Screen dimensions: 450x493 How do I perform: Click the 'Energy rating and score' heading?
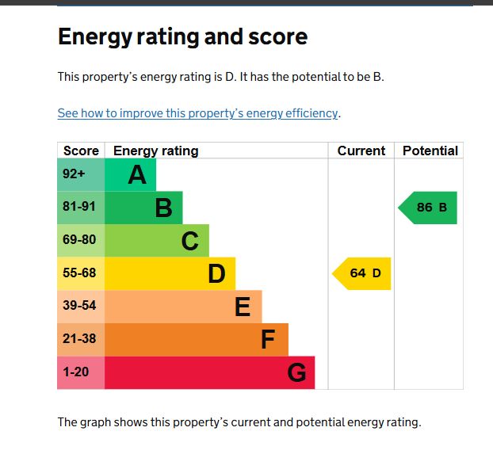click(182, 36)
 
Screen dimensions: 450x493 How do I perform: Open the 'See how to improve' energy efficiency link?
click(198, 113)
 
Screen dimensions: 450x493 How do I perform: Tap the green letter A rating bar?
click(131, 174)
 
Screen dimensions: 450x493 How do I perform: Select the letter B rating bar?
click(144, 208)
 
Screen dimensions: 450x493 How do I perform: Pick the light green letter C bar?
click(157, 240)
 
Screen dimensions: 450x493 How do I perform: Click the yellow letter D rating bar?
click(170, 273)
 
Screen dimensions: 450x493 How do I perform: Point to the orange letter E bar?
click(183, 306)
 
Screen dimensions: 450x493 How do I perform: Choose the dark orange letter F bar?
click(197, 339)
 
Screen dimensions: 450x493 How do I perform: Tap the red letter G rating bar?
click(209, 372)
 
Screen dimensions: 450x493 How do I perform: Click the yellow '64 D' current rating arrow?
click(362, 273)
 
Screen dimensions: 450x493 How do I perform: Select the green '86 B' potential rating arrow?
click(429, 208)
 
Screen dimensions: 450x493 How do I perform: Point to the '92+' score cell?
click(80, 174)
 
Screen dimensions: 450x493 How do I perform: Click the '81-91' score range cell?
click(80, 208)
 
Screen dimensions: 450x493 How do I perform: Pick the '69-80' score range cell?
click(80, 240)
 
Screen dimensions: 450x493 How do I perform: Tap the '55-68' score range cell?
click(80, 273)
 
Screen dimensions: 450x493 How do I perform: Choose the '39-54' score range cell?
click(80, 306)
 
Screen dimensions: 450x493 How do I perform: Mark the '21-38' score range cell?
click(80, 339)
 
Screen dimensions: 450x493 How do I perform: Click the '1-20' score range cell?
click(80, 372)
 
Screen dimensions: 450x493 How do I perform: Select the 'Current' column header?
click(361, 151)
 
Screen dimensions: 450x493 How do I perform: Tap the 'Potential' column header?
click(430, 151)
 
